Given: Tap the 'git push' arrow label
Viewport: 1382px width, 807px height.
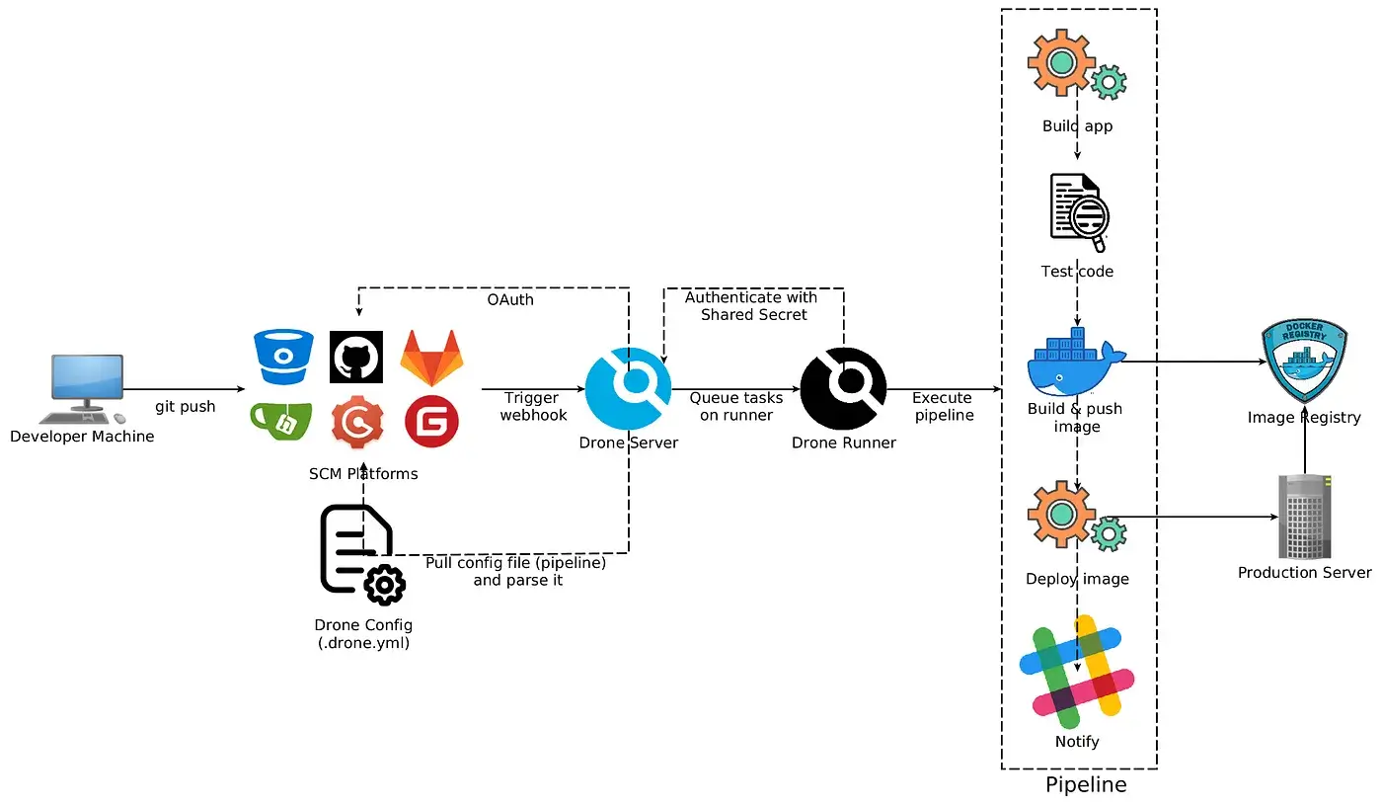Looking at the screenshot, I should click(x=186, y=406).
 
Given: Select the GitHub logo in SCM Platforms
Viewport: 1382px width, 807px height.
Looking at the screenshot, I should click(x=356, y=357).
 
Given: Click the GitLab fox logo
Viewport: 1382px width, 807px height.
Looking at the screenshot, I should click(x=431, y=359).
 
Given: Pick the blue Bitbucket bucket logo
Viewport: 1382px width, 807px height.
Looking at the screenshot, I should click(x=283, y=357).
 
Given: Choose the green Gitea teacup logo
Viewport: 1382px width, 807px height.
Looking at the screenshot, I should click(x=282, y=422).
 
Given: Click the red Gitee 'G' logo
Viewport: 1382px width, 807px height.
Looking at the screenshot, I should click(x=431, y=424).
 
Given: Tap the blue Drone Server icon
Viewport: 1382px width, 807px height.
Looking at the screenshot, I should click(x=628, y=389).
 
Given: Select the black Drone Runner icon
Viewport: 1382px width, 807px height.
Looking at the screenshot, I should click(x=843, y=389).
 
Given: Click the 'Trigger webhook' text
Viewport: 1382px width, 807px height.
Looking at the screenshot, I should click(x=533, y=406).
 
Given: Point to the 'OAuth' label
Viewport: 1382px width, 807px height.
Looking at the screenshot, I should click(x=510, y=298).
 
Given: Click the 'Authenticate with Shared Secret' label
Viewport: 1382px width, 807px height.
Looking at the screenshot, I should click(x=752, y=305).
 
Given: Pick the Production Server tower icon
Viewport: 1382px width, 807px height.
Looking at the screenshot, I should click(x=1304, y=516).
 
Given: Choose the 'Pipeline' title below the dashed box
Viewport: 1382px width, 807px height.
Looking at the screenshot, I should click(x=1086, y=785).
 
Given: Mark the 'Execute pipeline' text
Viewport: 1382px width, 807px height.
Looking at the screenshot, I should click(x=943, y=406).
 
